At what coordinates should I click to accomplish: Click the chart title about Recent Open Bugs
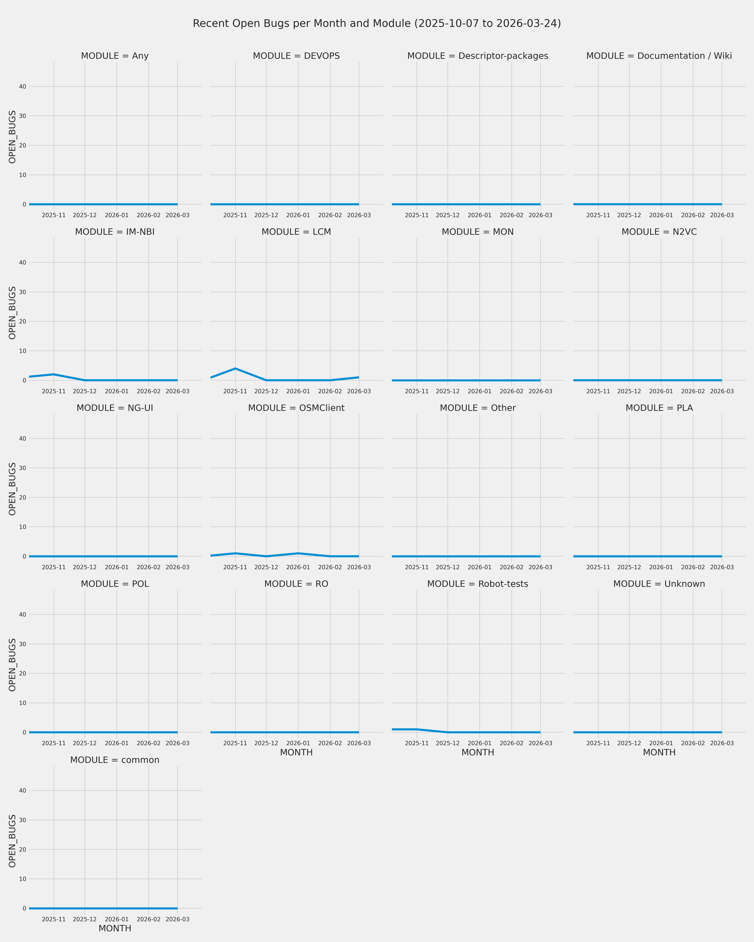click(377, 24)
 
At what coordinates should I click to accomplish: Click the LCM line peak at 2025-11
click(235, 368)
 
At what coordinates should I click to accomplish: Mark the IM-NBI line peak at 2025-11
click(54, 374)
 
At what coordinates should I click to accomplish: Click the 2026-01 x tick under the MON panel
click(480, 391)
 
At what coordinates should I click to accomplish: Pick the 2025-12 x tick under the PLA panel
click(629, 568)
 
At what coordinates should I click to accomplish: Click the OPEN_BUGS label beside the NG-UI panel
click(12, 489)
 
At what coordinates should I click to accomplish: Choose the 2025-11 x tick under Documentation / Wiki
click(598, 215)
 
